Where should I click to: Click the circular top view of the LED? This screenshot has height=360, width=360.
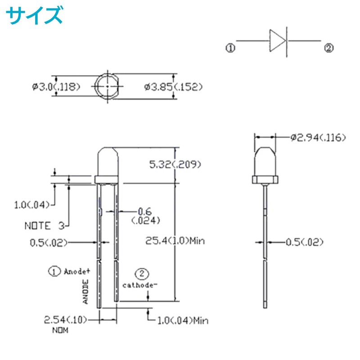(x=108, y=86)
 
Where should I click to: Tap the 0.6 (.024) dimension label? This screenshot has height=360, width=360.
(x=145, y=215)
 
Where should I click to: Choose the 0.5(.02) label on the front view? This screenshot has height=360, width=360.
(x=48, y=243)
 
